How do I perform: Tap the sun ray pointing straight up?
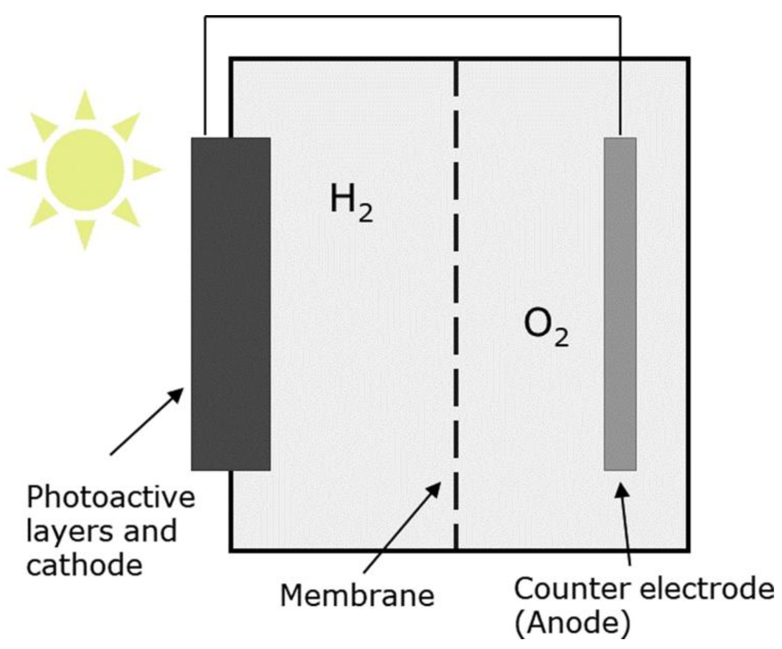pos(85,106)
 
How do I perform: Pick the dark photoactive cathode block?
pos(231,303)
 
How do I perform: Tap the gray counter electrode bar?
pos(620,303)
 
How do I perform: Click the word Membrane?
pos(357,596)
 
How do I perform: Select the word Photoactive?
pos(111,497)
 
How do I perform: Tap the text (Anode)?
pos(572,623)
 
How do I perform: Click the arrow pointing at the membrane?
pos(402,527)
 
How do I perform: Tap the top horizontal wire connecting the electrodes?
pos(412,16)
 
